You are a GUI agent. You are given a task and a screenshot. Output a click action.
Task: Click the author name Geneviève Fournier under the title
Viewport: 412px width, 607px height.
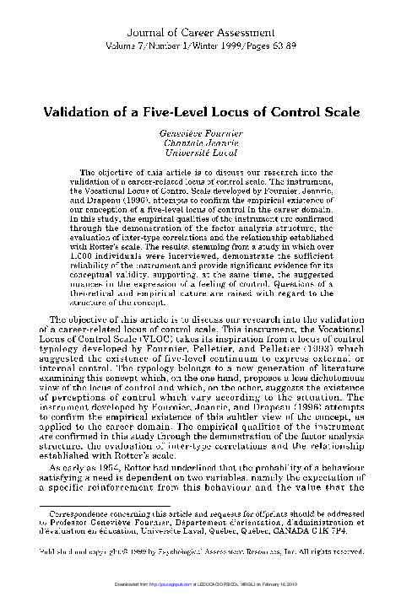tap(205, 134)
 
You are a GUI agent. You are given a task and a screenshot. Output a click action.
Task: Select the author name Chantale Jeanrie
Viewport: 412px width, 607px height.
tap(205, 144)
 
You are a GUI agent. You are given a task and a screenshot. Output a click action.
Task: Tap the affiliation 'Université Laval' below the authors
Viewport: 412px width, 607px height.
tap(205, 155)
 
